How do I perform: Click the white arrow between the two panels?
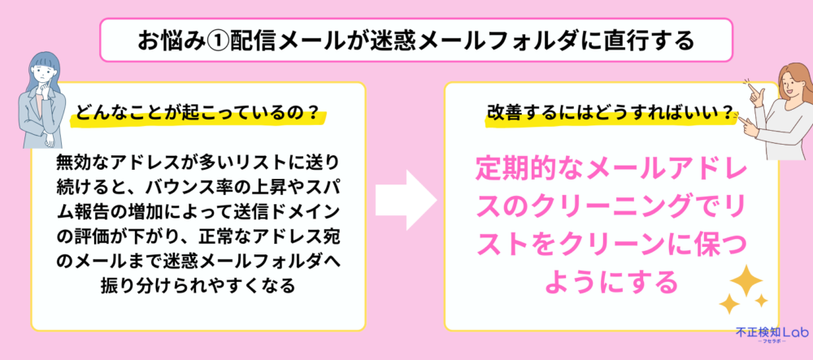tap(406, 200)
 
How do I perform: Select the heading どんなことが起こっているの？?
tap(197, 113)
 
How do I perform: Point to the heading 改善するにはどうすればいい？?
tap(611, 112)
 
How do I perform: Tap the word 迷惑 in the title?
tap(392, 41)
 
